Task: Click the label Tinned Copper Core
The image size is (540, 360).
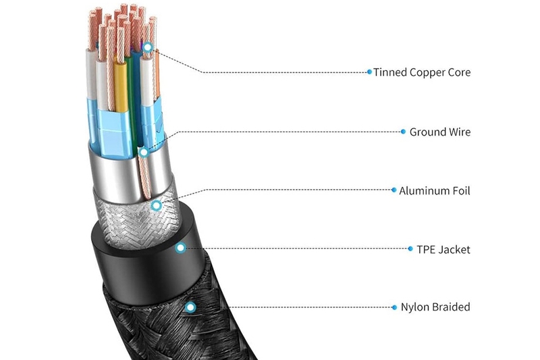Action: (422, 72)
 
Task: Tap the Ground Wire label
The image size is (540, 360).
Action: (440, 132)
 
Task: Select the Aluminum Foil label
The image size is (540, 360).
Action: (435, 191)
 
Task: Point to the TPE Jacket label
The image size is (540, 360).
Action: (443, 250)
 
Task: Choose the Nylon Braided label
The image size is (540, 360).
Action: (435, 307)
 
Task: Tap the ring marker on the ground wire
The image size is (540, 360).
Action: (144, 152)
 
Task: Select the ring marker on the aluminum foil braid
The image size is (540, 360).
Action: (157, 205)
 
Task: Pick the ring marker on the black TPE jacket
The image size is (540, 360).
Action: (180, 249)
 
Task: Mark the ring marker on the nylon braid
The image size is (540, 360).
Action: (191, 307)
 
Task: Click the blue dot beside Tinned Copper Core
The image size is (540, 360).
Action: (369, 72)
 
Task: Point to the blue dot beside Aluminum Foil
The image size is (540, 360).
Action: (394, 191)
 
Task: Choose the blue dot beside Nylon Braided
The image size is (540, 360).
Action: (394, 307)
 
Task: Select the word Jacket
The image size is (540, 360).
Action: (454, 250)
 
